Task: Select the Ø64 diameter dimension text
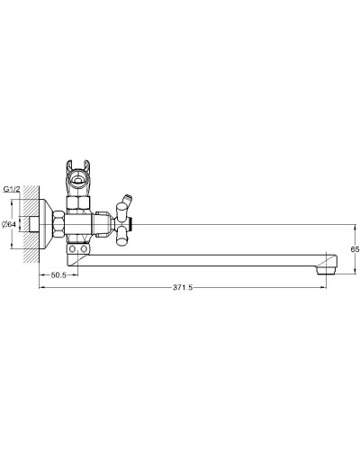[8, 225]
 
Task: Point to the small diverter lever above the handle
[125, 195]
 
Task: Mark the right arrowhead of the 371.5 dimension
[323, 287]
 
